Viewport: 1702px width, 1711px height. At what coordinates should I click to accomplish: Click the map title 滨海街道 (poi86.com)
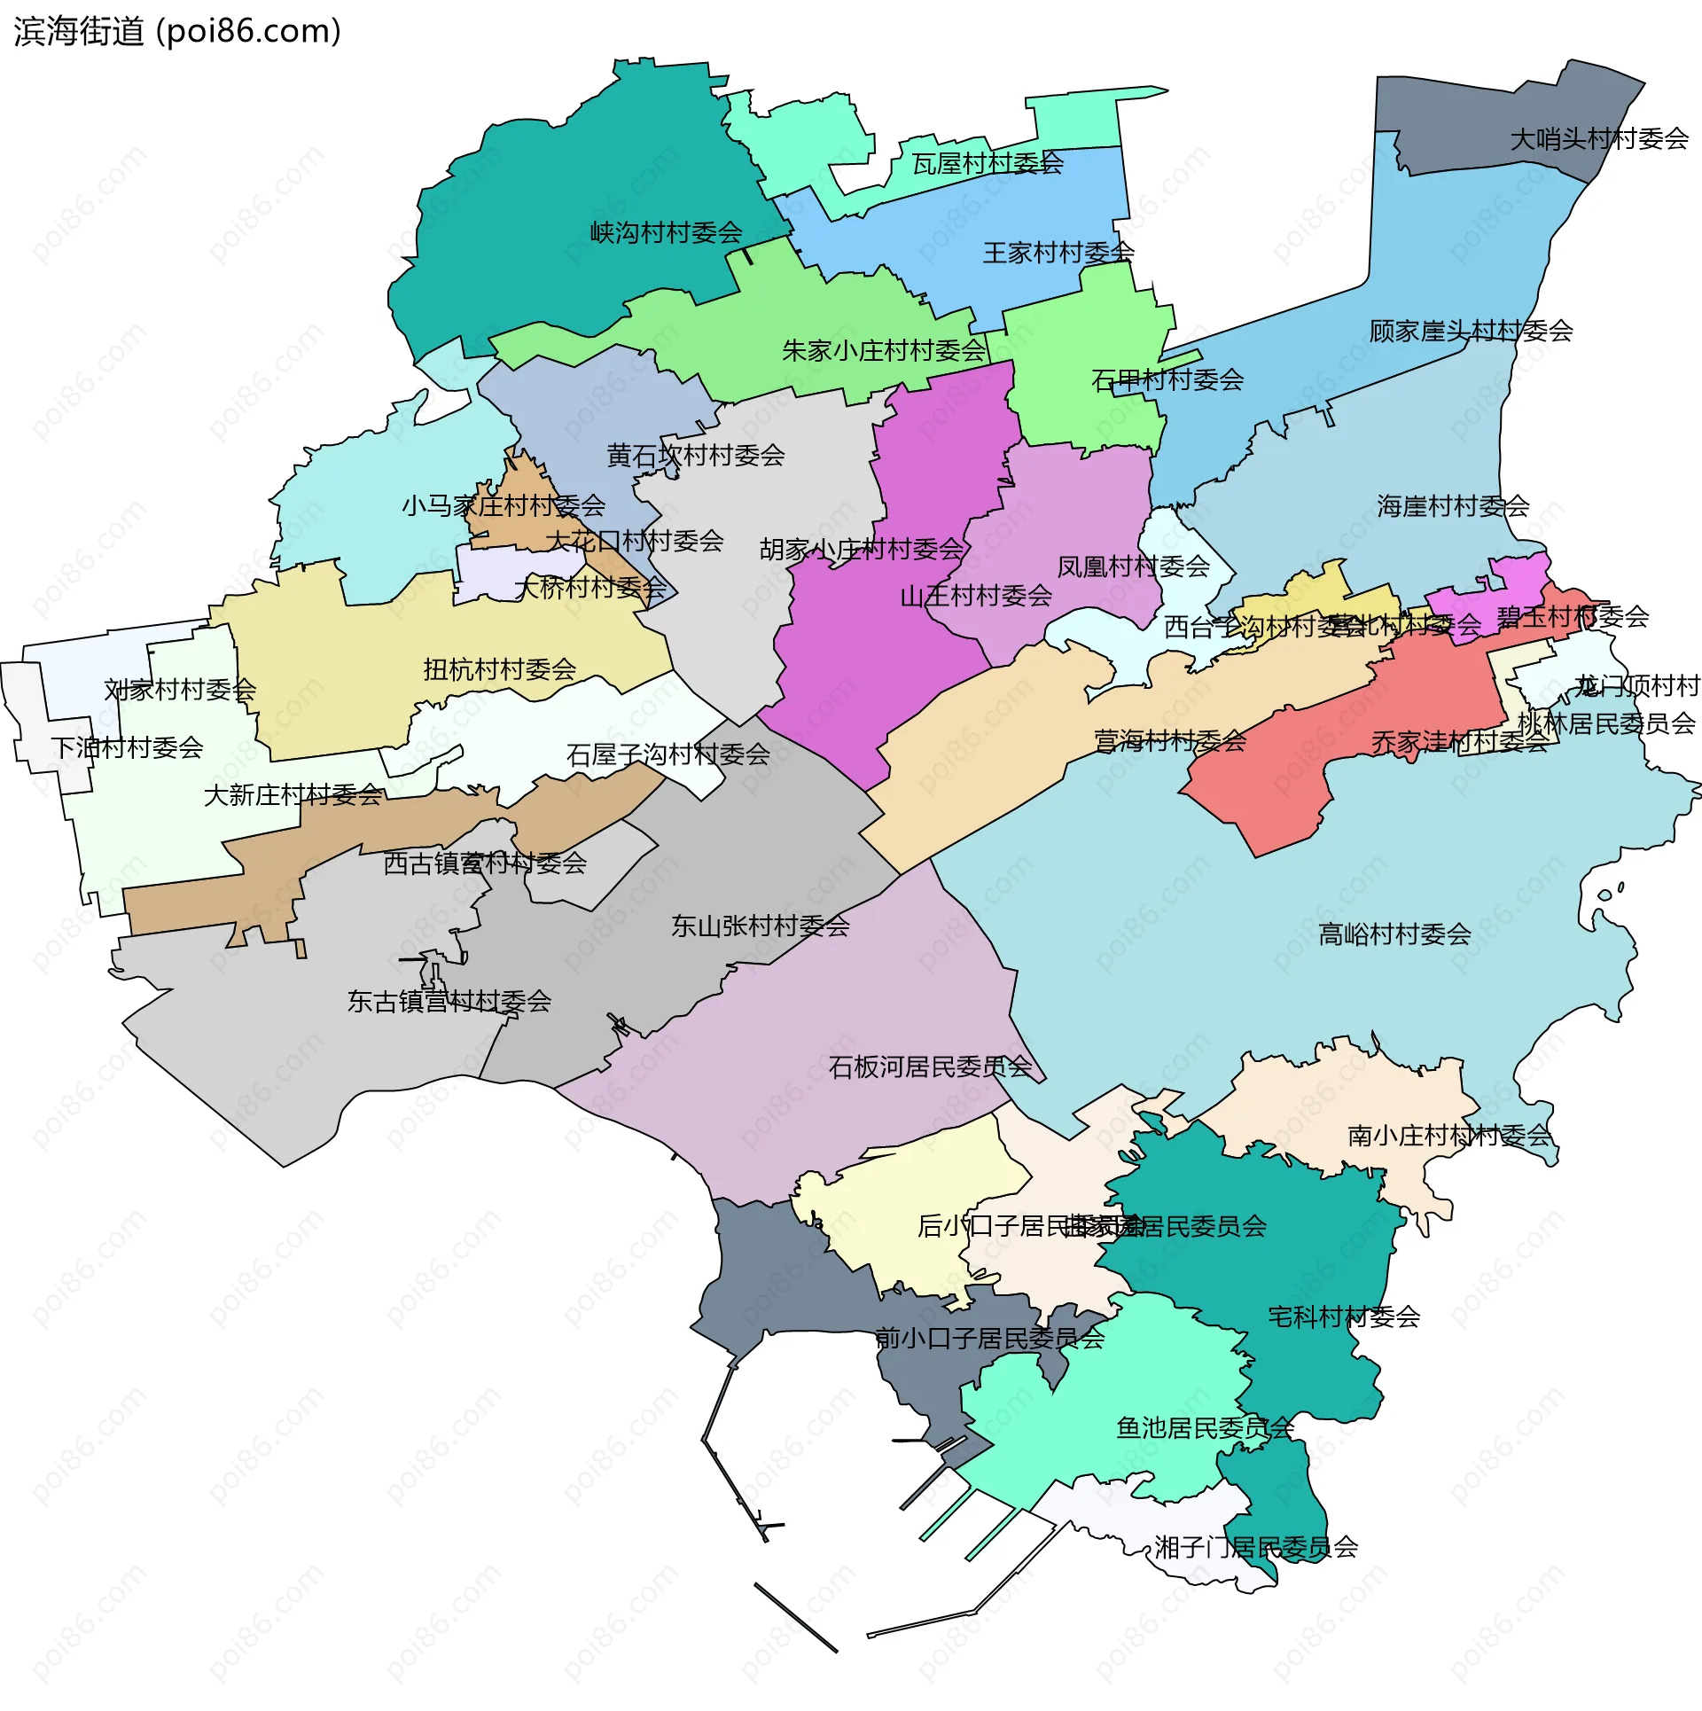coord(177,32)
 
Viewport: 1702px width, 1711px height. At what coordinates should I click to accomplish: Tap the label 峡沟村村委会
coord(666,233)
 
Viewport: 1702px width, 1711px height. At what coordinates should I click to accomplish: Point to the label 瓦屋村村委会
coord(988,163)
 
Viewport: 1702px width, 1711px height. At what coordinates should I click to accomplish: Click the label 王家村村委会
coord(1058,254)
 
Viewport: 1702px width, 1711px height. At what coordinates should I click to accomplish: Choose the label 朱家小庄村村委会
coord(883,351)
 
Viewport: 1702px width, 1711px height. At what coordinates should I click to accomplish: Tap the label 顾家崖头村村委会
coord(1471,332)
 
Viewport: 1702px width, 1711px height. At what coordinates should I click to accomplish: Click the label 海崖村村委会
coord(1453,506)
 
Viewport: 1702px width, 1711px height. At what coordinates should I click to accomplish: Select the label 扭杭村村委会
coord(500,669)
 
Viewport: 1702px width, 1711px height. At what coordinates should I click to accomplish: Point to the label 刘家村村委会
coord(180,690)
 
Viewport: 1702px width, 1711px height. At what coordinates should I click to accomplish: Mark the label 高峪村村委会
coord(1394,934)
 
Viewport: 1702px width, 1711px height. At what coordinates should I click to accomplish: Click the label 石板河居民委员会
coord(930,1066)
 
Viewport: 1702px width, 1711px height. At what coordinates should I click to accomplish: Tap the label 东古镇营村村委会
coord(449,1002)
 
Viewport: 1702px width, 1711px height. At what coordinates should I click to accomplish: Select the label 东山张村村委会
coord(760,926)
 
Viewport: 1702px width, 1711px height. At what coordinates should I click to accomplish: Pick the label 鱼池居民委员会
coord(1205,1427)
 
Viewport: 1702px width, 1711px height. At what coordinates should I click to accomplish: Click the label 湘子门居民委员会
coord(1256,1547)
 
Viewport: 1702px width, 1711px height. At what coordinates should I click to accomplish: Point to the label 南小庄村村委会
coord(1448,1136)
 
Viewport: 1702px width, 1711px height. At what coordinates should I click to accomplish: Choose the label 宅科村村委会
coord(1344,1316)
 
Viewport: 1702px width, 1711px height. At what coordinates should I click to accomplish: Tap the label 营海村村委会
coord(1170,740)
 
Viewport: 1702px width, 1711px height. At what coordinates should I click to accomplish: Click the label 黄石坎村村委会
coord(695,456)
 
